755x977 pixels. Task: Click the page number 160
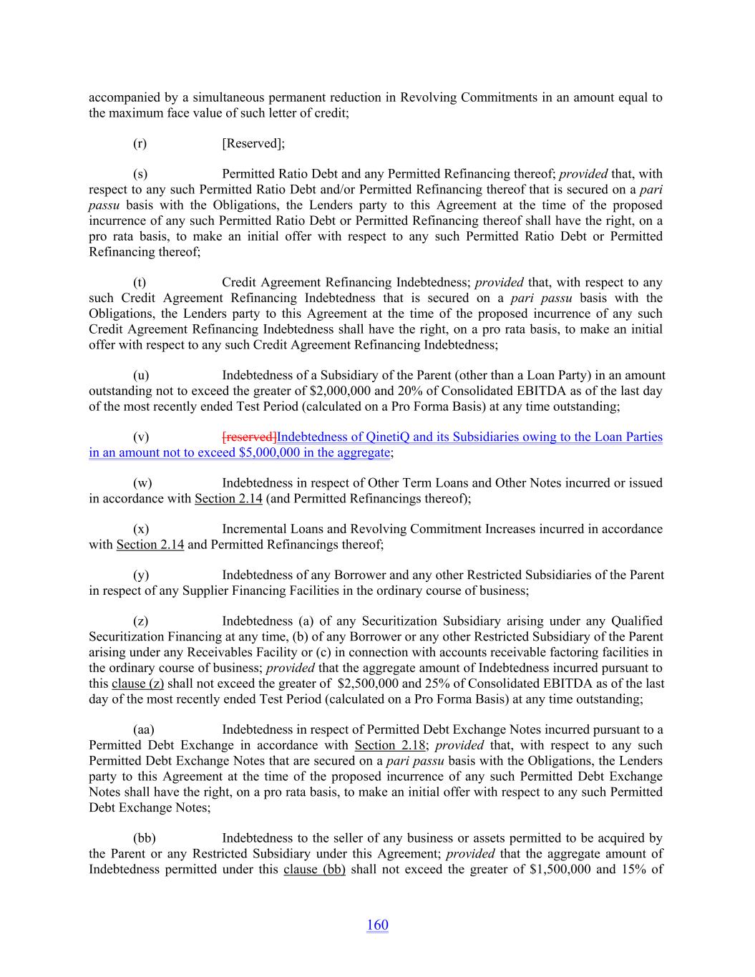click(x=377, y=925)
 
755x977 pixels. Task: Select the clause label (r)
click(x=140, y=143)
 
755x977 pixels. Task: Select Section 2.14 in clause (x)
click(x=150, y=545)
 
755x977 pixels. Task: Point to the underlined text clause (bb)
click(x=315, y=869)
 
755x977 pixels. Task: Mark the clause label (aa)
click(x=144, y=729)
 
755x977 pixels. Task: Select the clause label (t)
click(x=140, y=283)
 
